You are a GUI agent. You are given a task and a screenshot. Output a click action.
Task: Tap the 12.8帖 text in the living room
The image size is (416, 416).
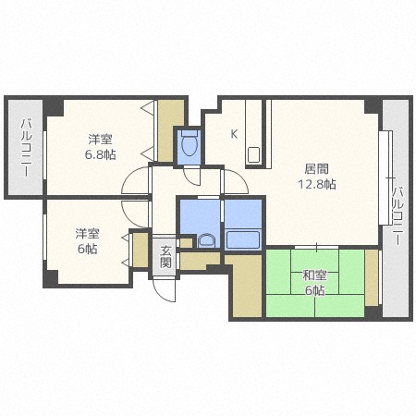pyautogui.click(x=316, y=184)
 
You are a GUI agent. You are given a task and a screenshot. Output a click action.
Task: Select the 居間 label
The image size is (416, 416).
pyautogui.click(x=316, y=169)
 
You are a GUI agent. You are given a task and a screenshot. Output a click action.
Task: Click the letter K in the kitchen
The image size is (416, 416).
pyautogui.click(x=234, y=133)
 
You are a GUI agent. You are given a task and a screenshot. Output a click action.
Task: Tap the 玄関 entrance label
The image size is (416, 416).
pyautogui.click(x=165, y=256)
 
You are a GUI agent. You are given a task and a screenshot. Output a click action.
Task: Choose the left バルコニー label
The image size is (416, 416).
pyautogui.click(x=26, y=148)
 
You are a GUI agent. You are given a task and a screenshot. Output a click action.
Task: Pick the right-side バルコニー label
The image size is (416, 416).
pyautogui.click(x=398, y=215)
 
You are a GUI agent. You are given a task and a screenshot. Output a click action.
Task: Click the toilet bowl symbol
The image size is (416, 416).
pyautogui.click(x=190, y=145)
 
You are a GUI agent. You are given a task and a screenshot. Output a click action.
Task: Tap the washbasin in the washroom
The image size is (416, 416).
pyautogui.click(x=205, y=241)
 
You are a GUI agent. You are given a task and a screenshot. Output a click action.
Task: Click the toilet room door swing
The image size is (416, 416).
pyautogui.click(x=194, y=174)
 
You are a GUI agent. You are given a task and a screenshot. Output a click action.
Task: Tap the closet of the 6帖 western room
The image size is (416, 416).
pyautogui.click(x=140, y=250)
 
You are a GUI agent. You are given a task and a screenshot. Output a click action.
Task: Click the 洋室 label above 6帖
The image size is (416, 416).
pyautogui.click(x=89, y=234)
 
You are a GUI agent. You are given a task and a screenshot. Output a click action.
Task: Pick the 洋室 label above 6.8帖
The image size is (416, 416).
pyautogui.click(x=102, y=139)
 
